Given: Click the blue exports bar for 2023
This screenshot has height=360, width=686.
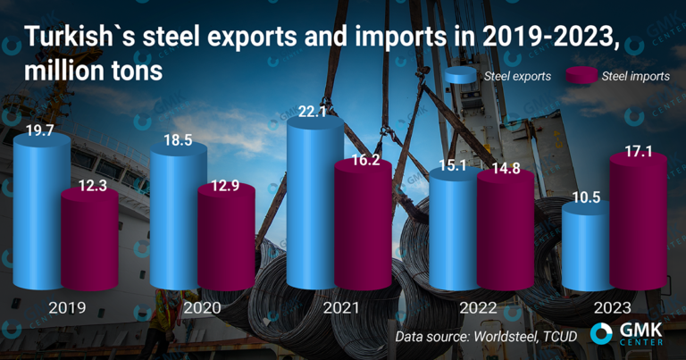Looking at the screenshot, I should coord(590,250).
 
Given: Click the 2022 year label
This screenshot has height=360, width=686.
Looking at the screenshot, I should coord(478,307).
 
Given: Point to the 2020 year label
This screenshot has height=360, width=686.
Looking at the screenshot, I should coord(203,307).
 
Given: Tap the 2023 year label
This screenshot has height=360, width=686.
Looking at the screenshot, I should coord(615,307).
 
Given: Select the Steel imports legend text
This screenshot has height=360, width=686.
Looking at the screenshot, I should coord(635,77).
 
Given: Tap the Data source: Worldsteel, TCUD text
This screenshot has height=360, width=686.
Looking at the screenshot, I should coord(487,336).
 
